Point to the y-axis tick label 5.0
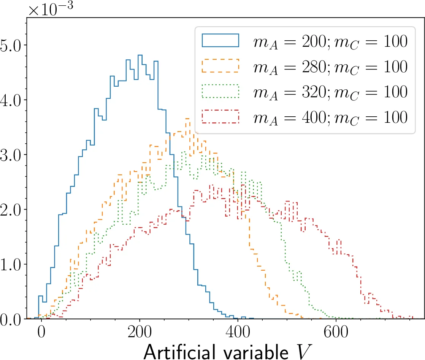(x=13, y=45)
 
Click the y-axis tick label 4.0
(x=13, y=100)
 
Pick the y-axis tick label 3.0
(x=13, y=155)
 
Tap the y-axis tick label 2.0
(x=13, y=209)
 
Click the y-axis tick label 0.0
(x=13, y=319)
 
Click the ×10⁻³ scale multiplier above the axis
(x=53, y=9)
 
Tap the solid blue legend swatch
(x=220, y=41)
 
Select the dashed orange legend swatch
(x=220, y=66)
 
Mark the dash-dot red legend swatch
(x=220, y=116)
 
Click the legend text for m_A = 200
(x=330, y=41)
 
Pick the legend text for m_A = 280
(x=330, y=67)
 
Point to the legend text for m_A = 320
(x=330, y=92)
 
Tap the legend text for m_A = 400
(x=330, y=117)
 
